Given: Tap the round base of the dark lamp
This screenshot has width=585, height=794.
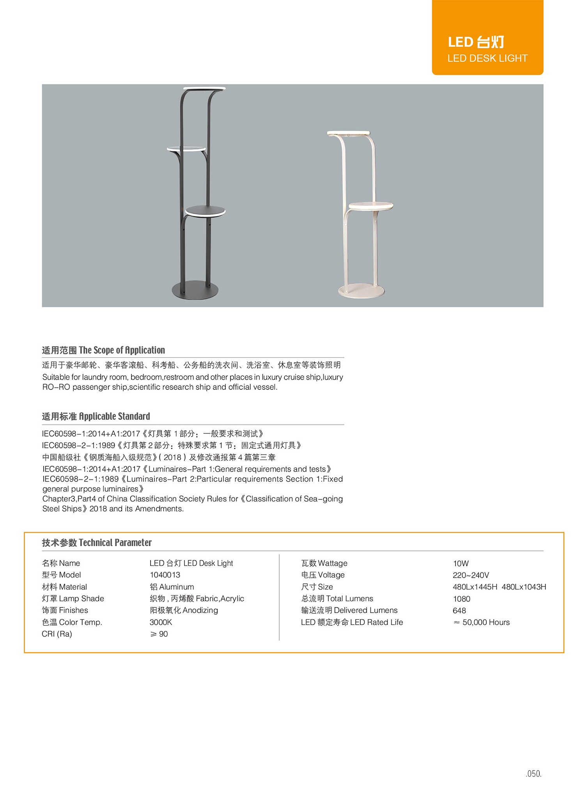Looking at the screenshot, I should tap(195, 290).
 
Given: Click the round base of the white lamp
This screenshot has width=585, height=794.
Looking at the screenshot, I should tap(361, 291).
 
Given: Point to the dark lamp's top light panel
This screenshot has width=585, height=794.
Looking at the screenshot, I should tap(204, 89).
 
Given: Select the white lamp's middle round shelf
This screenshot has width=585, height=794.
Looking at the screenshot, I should tap(370, 206).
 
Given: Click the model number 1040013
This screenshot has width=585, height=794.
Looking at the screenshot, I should tap(165, 575).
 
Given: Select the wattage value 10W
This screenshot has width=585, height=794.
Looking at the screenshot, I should tap(461, 563).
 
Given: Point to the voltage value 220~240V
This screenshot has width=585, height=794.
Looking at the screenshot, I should tap(471, 575).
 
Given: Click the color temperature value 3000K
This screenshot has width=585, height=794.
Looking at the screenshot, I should tap(161, 622).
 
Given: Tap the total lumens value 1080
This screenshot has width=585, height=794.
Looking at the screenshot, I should tap(461, 599).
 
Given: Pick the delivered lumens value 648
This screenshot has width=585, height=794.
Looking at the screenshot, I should tap(459, 611).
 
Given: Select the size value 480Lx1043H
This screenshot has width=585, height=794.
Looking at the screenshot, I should tap(524, 587).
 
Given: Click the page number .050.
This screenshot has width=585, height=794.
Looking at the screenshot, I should tap(534, 774).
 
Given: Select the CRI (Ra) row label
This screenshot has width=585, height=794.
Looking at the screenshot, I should tap(57, 634).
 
